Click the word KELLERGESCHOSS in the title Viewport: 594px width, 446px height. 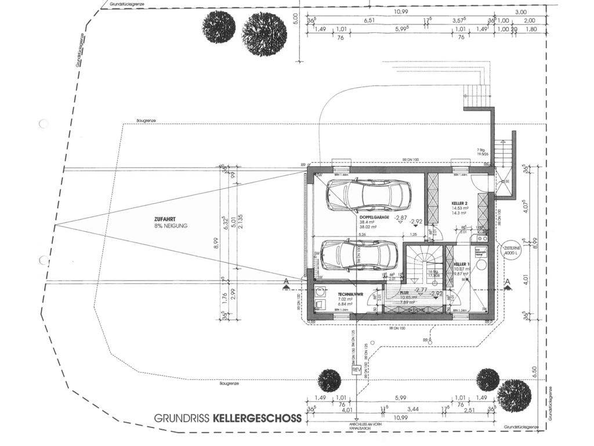click(257, 418)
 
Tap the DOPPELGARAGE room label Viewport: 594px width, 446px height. click(375, 216)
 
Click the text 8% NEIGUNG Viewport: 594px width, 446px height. click(172, 225)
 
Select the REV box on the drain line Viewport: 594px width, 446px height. click(356, 370)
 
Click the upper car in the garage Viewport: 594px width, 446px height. click(368, 194)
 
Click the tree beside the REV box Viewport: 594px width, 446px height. click(329, 380)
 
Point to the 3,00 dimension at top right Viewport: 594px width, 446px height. click(520, 12)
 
